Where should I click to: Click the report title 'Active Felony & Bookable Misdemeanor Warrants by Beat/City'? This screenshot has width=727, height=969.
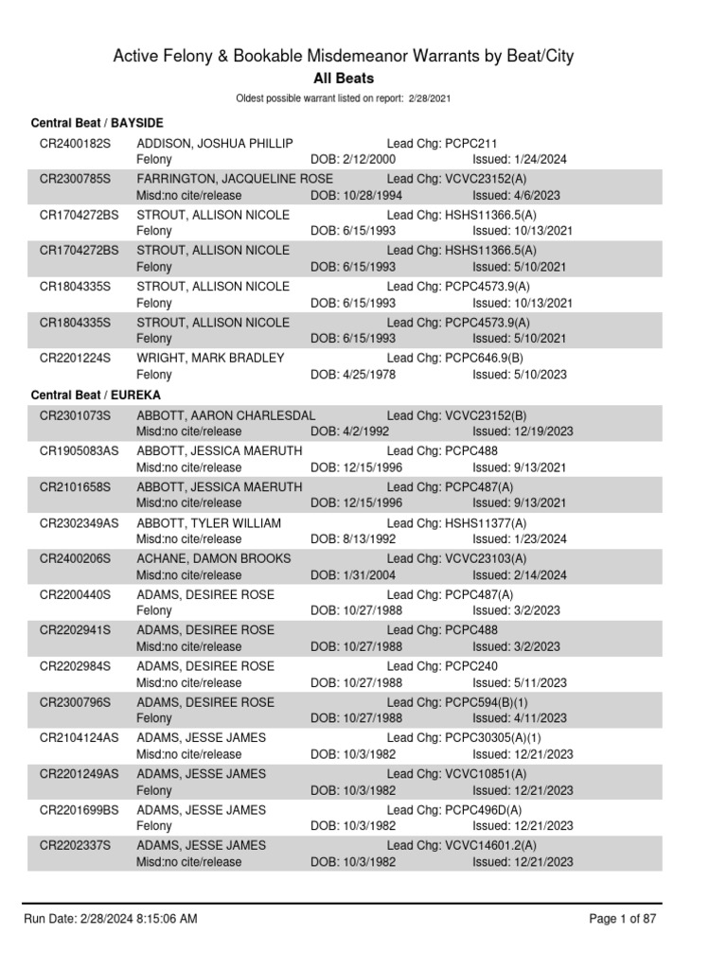[344, 57]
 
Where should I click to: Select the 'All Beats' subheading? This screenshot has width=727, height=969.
[344, 79]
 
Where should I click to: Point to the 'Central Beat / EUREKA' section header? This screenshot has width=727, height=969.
[96, 394]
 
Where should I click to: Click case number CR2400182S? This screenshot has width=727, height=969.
[75, 143]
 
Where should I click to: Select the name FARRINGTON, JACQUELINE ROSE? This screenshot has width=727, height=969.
[235, 179]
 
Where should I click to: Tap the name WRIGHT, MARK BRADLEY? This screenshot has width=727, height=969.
[210, 358]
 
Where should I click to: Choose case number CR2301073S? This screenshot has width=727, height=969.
[75, 415]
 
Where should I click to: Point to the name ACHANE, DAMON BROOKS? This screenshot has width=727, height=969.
[213, 558]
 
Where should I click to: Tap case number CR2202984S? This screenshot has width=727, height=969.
[75, 666]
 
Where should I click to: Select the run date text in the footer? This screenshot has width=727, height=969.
[111, 919]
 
